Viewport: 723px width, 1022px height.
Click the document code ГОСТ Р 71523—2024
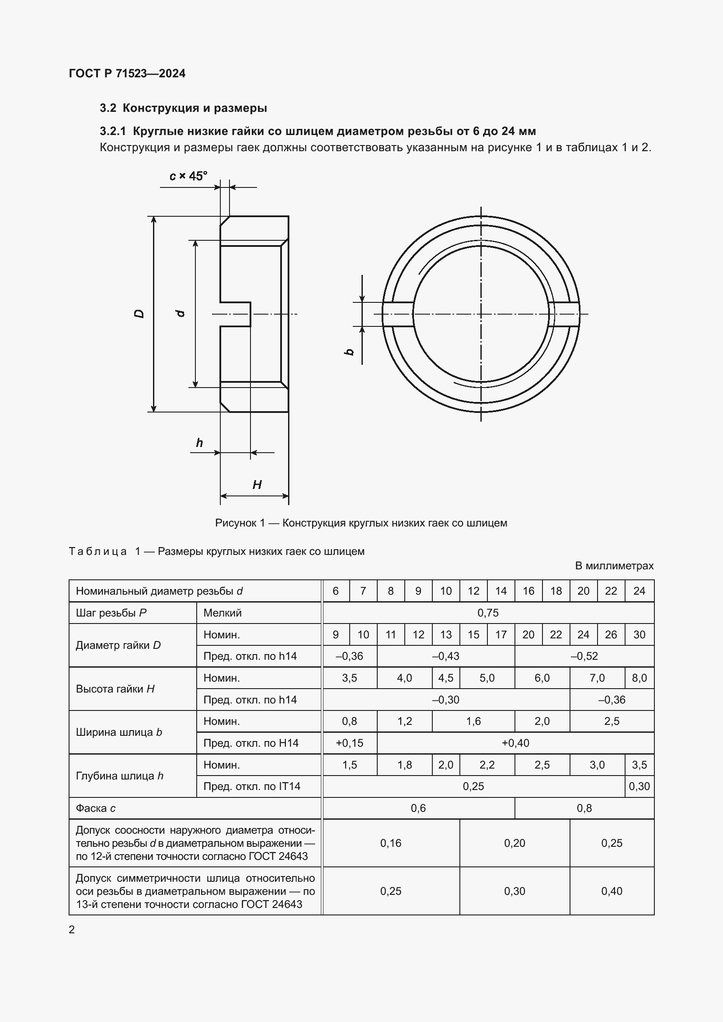pos(127,73)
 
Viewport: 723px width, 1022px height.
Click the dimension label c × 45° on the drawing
pos(188,176)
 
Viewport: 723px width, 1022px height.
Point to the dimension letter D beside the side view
pos(139,314)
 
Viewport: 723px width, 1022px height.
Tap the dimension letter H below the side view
pos(257,485)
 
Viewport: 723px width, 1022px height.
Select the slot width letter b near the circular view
pos(350,352)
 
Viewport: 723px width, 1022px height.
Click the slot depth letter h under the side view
pos(199,443)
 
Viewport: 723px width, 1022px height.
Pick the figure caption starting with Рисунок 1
pos(361,523)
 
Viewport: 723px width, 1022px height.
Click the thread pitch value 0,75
pos(488,613)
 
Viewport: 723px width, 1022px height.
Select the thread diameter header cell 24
pos(639,591)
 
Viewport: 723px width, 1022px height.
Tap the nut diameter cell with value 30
pos(639,635)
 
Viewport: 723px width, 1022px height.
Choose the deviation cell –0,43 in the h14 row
pos(445,656)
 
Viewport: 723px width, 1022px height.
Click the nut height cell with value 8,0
pos(639,678)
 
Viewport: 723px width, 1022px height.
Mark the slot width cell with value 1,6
pos(473,721)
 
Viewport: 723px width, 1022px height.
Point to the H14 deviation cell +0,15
pos(350,743)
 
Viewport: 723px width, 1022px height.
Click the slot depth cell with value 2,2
pos(487,765)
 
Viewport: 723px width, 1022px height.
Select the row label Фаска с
pos(96,808)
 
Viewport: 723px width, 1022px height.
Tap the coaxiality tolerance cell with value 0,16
pos(390,843)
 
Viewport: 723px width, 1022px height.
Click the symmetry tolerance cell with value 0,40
pos(611,891)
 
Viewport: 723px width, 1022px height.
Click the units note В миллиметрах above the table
pos(614,566)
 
